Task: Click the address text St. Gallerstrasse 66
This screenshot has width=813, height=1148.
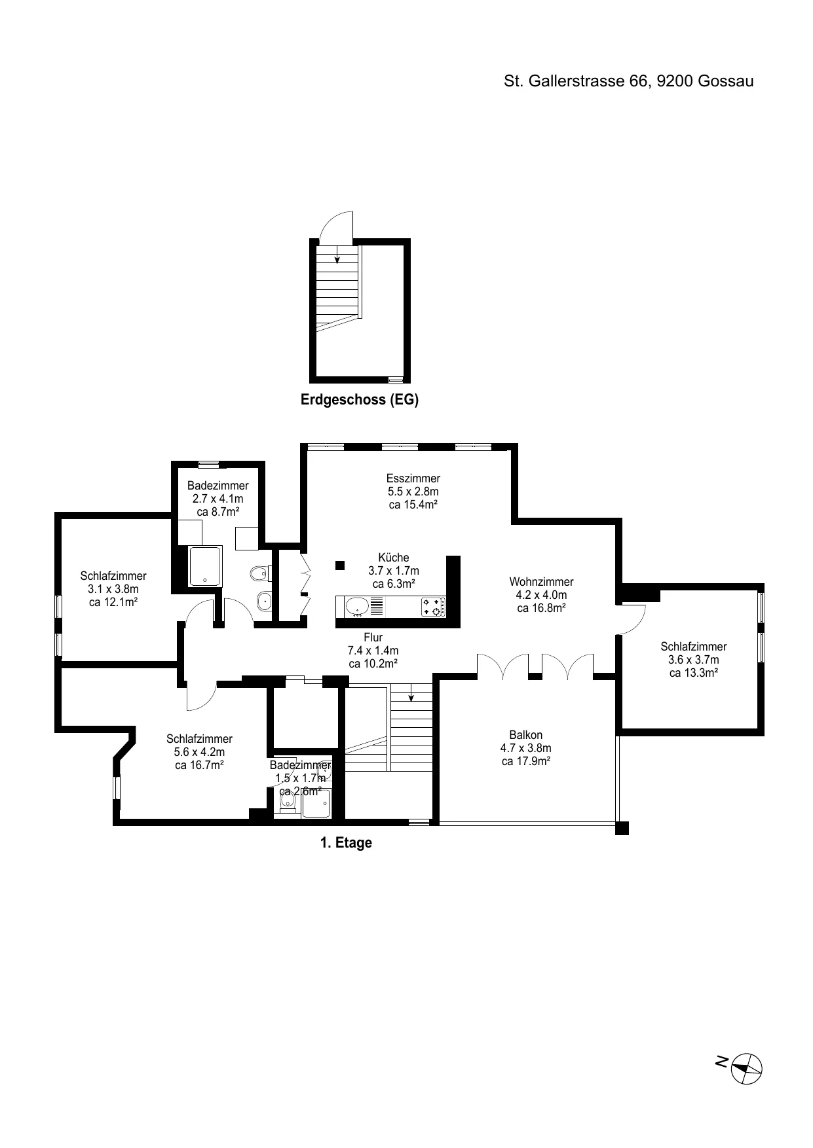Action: coord(577,81)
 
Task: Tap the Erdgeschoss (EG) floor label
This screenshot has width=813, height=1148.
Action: coord(360,399)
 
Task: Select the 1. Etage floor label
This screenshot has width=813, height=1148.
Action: coord(346,842)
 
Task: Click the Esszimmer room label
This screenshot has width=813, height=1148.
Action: coord(413,478)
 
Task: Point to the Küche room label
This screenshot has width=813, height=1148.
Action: coord(394,558)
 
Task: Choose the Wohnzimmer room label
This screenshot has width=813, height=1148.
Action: coord(541,582)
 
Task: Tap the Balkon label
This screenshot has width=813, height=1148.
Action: coord(526,735)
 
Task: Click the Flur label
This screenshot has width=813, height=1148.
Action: coord(373,637)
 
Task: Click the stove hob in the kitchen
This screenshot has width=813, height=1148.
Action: coord(433,607)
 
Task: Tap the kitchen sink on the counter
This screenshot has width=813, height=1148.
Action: coord(358,607)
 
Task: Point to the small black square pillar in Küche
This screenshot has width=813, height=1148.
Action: coord(339,565)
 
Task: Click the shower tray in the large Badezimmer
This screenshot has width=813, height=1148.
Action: coord(206,566)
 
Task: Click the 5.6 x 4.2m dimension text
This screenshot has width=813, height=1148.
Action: coord(199,752)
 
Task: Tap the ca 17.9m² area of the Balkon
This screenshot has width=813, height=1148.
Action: coord(526,761)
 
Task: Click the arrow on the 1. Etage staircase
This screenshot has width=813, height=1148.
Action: coord(411,692)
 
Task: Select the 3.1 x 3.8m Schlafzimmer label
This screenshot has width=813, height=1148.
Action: coord(113,589)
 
